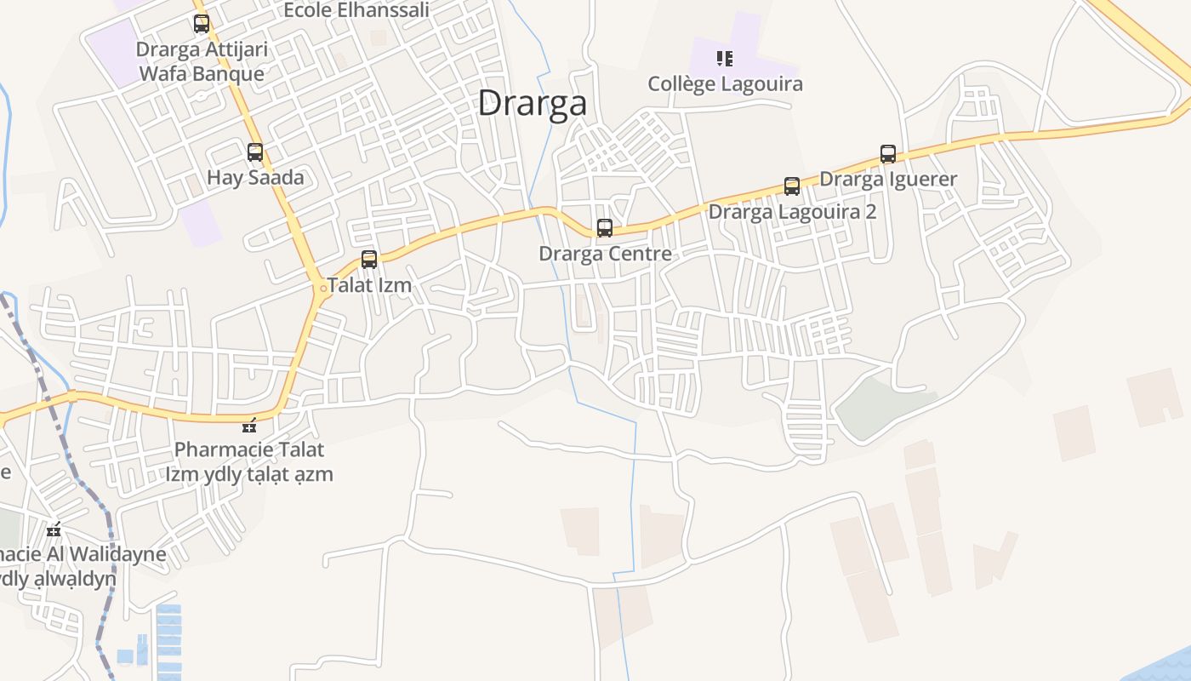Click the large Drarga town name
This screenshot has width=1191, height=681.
[532, 103]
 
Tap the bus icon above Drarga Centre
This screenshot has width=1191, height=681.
[605, 228]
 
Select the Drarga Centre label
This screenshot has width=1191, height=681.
[605, 254]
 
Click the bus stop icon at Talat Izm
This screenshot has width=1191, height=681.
[369, 260]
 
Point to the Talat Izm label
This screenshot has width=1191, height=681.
[370, 285]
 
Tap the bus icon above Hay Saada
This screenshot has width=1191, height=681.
[255, 153]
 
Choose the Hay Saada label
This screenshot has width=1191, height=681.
[255, 178]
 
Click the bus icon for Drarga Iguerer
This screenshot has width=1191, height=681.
[888, 154]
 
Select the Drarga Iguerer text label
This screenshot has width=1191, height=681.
[888, 179]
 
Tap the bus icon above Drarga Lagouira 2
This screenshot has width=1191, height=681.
[792, 186]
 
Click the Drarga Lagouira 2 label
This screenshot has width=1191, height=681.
[792, 211]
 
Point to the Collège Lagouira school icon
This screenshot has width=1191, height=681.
[725, 59]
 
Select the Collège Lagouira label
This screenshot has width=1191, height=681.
[725, 84]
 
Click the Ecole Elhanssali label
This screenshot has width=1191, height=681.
[356, 10]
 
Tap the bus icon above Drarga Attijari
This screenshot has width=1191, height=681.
[202, 24]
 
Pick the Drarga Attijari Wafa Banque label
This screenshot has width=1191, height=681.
[202, 61]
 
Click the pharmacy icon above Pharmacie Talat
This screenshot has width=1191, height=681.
[249, 426]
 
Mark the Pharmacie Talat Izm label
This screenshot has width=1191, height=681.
[249, 461]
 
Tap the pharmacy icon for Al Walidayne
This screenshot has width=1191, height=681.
[54, 530]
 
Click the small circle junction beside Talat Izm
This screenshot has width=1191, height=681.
[322, 289]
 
